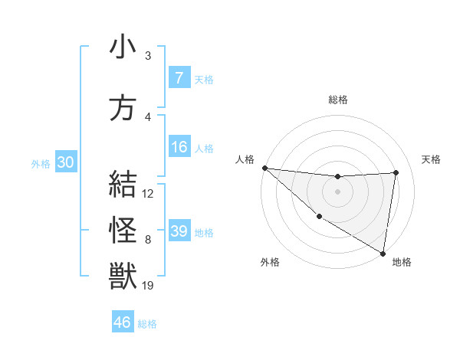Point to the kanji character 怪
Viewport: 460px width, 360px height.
123,231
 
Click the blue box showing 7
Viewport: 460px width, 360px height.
179,78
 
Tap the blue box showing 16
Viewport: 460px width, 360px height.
179,148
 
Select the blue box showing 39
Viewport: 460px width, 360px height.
179,231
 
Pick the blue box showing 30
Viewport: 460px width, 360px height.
65,163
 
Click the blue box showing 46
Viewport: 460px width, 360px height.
123,322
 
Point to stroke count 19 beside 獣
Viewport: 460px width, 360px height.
147,286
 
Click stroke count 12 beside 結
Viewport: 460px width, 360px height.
148,194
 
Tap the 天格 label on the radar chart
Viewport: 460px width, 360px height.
431,159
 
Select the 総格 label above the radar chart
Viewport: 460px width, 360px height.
337,100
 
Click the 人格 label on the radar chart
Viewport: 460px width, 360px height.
245,159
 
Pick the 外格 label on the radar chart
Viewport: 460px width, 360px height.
269,263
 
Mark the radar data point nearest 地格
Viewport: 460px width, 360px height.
382,253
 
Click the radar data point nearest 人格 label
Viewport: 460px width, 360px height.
264,168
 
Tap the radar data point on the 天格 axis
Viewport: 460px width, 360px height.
396,172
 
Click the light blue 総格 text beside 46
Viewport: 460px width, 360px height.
147,324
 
